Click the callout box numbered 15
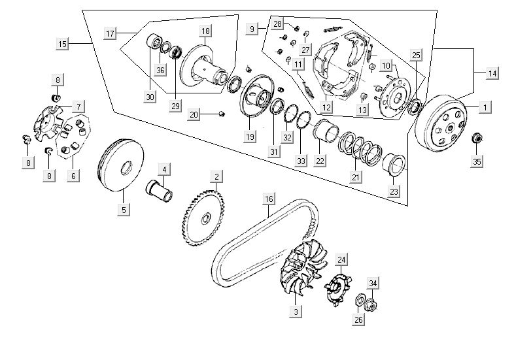coord(63,44)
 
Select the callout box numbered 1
coord(485,106)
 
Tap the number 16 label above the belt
coord(268,199)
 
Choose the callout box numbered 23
coord(393,191)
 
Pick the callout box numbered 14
coord(492,74)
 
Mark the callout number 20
coord(194,115)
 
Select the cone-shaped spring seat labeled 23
coord(394,163)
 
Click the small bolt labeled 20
coord(221,115)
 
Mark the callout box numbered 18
coord(205,31)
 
